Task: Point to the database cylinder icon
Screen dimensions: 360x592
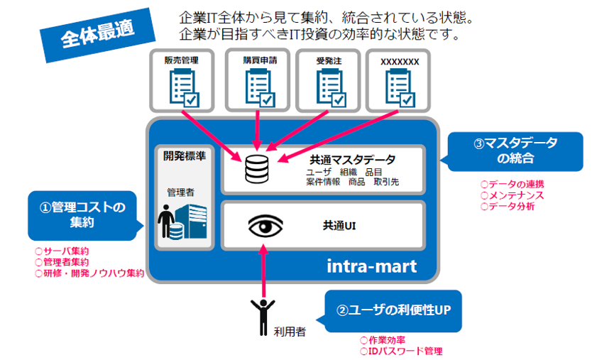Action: [255, 169]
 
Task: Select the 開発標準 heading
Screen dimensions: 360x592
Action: [185, 156]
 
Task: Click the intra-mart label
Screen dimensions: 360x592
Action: [372, 267]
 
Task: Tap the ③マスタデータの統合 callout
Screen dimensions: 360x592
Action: [515, 151]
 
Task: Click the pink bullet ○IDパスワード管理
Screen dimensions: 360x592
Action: [401, 351]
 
